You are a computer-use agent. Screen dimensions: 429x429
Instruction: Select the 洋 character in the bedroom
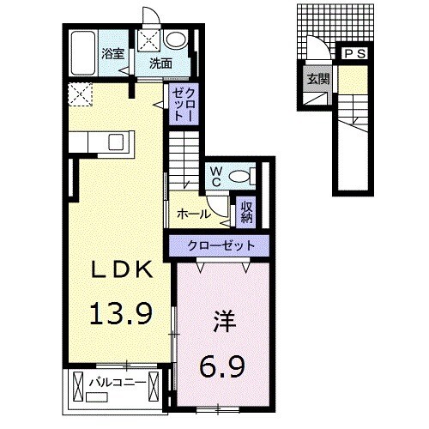[224, 326]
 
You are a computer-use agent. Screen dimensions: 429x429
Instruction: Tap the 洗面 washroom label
[160, 63]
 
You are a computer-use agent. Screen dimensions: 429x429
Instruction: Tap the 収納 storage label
[246, 211]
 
